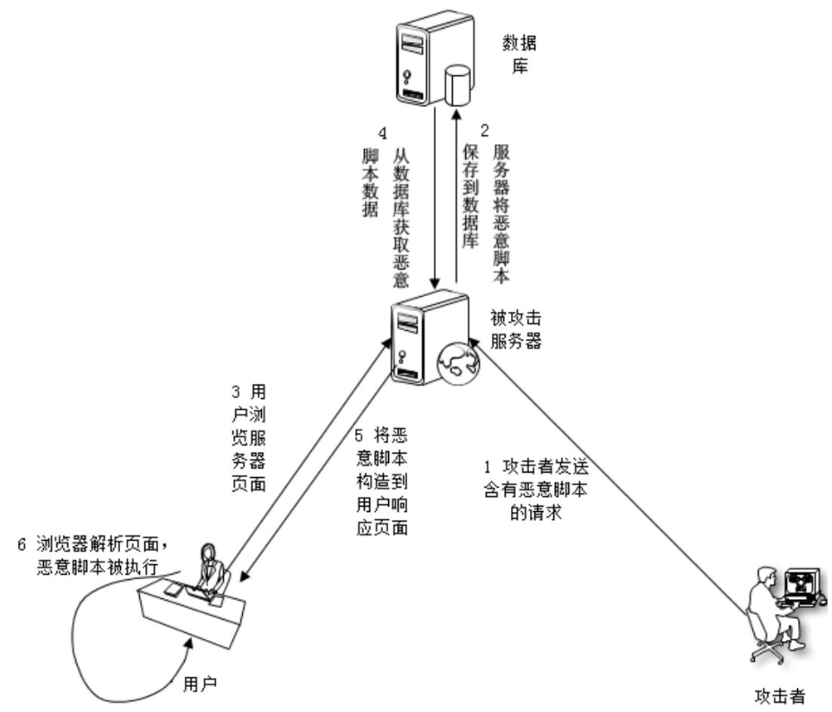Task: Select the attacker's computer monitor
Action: coord(801,587)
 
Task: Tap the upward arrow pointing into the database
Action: coord(458,197)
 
